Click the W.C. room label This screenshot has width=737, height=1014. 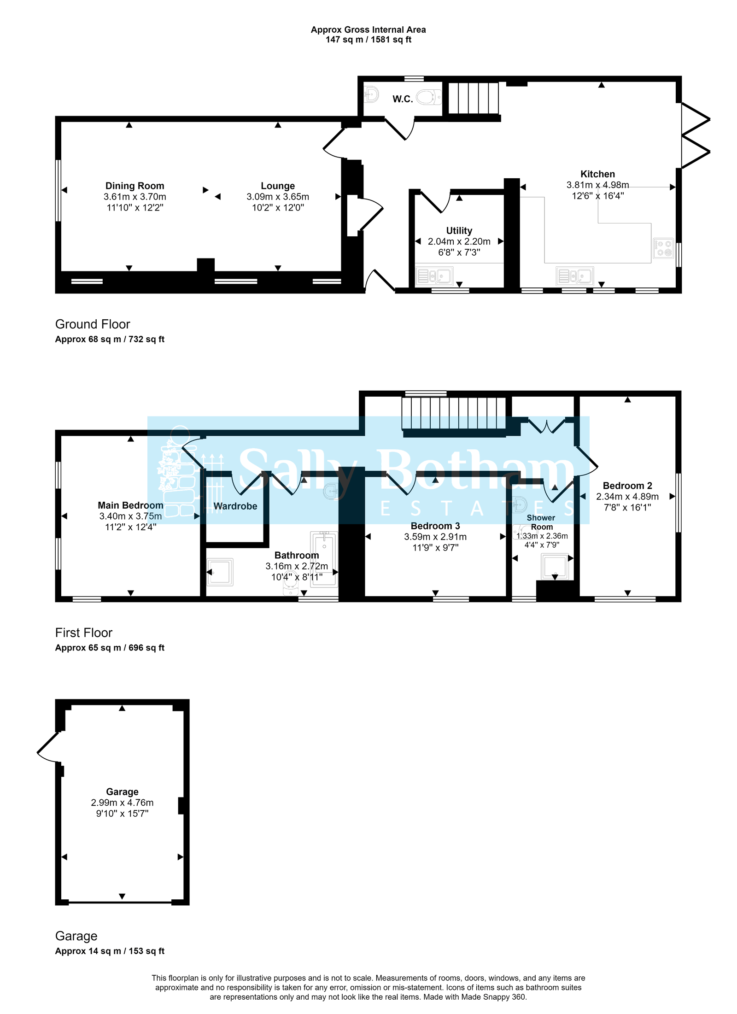click(x=402, y=99)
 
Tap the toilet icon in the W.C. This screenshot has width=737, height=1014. click(x=427, y=97)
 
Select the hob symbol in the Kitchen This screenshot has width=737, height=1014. click(x=663, y=248)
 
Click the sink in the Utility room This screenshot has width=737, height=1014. click(x=434, y=276)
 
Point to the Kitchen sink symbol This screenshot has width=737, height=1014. click(x=574, y=276)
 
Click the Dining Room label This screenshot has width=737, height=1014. click(x=135, y=186)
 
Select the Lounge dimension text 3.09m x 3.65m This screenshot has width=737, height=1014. click(x=277, y=197)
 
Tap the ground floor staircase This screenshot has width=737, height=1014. click(x=473, y=98)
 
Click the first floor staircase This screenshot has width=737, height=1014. click(x=453, y=413)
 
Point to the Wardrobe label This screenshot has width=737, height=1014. click(x=235, y=506)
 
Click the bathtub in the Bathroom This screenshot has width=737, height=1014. click(x=324, y=558)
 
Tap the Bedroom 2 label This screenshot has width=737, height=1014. click(x=627, y=486)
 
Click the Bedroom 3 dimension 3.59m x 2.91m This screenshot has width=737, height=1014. click(x=435, y=537)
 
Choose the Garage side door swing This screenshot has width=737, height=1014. click(x=47, y=746)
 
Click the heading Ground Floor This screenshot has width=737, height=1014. click(x=93, y=324)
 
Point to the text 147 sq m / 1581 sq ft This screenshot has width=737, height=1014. click(x=368, y=40)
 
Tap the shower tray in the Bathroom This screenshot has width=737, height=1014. click(x=220, y=572)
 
